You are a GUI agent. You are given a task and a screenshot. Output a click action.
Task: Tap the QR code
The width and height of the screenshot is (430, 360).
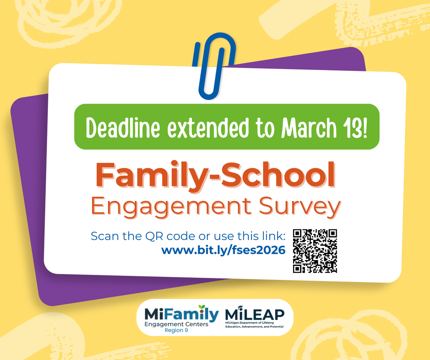(315, 251)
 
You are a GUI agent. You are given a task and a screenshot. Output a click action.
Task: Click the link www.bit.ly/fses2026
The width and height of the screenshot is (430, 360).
(223, 250)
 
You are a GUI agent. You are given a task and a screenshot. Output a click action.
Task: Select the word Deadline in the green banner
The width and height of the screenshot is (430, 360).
(123, 128)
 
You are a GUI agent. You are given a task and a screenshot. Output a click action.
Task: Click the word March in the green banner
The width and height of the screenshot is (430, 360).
(309, 128)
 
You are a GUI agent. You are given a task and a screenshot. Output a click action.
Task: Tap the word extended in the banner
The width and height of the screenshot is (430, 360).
(208, 128)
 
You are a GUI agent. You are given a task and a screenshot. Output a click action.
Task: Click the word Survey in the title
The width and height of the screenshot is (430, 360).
(300, 207)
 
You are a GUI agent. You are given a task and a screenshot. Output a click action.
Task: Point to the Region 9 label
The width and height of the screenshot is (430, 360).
(176, 330)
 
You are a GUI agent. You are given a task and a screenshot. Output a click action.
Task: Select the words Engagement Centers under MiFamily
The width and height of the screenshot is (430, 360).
(176, 324)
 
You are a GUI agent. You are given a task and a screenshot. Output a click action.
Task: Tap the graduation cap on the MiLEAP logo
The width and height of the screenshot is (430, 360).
(240, 308)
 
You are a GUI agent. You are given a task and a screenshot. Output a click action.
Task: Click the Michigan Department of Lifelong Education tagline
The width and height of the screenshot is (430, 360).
(254, 325)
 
